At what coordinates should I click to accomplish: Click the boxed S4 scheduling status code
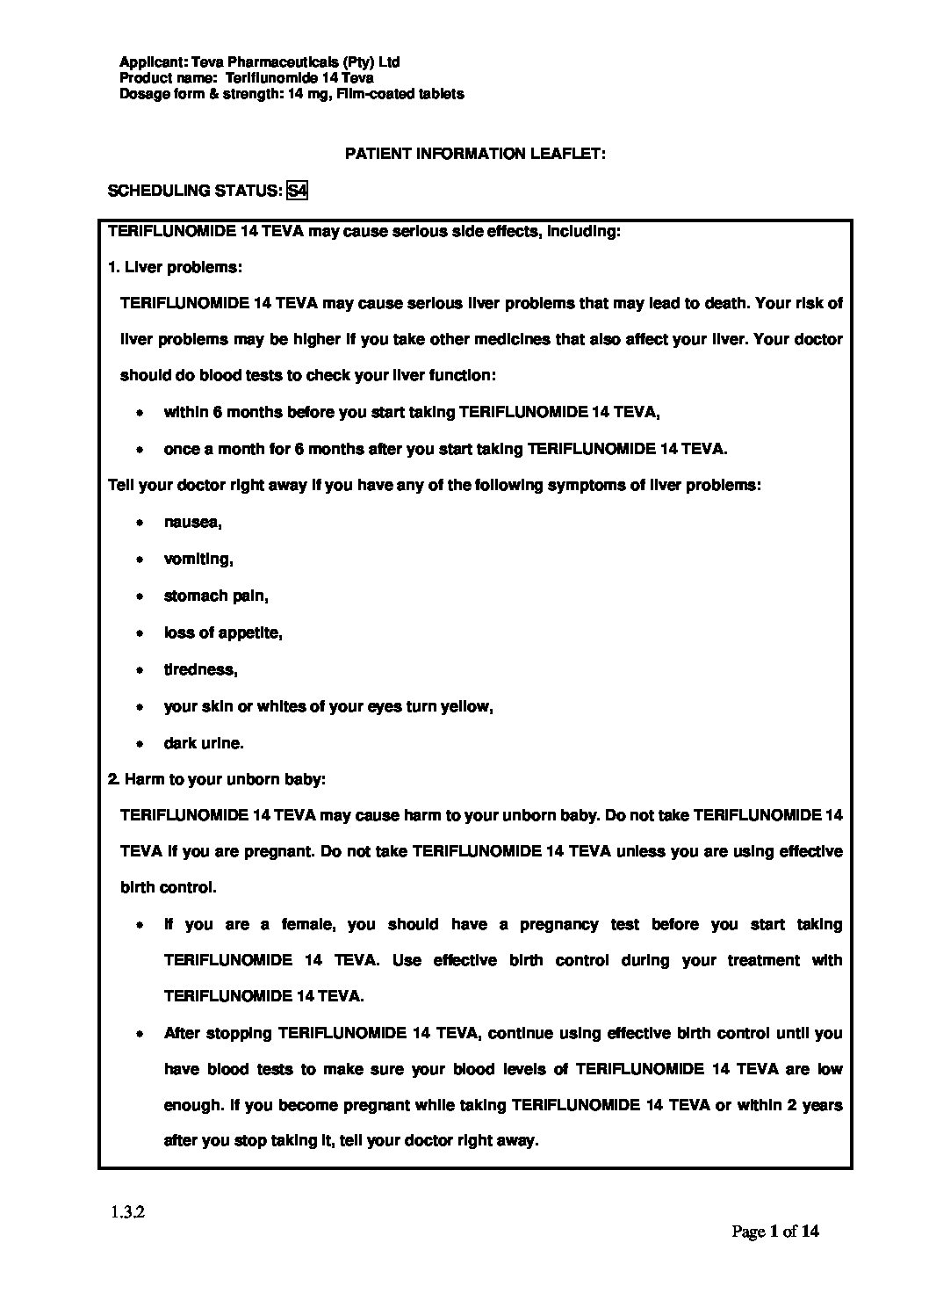[x=297, y=190]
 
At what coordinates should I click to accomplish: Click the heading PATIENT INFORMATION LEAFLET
[x=475, y=154]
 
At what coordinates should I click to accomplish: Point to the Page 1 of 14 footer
[x=775, y=1232]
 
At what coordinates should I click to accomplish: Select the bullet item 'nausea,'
[x=192, y=523]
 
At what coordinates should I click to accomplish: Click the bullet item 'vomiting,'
[x=198, y=560]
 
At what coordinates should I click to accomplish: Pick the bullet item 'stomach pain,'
[x=216, y=596]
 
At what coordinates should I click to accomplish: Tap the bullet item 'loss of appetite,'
[x=223, y=633]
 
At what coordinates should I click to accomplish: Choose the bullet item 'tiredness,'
[x=200, y=670]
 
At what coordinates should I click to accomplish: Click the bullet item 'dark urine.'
[x=204, y=744]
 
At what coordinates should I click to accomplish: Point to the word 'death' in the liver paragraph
[x=725, y=304]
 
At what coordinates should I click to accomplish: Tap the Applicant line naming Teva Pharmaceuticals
[x=259, y=62]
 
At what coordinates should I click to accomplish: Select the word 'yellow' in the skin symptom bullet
[x=469, y=707]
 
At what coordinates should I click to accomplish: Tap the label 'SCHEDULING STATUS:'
[x=194, y=191]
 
